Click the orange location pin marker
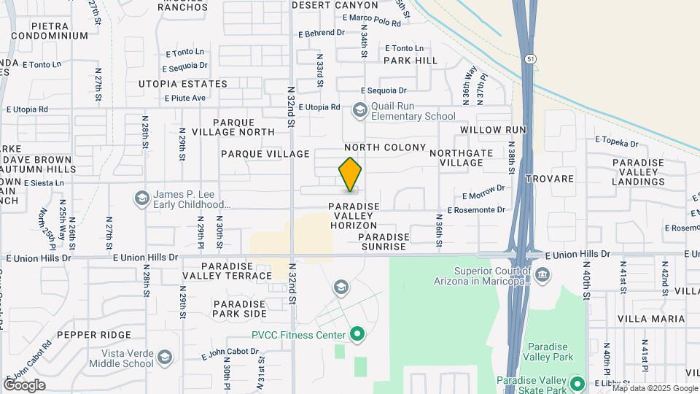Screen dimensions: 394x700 click(350, 174)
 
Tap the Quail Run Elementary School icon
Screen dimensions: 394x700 click(359, 110)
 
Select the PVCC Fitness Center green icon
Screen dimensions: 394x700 click(357, 335)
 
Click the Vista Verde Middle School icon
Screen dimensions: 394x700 click(166, 357)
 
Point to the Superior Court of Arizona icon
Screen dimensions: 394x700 click(542, 274)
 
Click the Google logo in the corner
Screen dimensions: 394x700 click(24, 385)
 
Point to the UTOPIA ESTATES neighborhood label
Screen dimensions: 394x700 click(183, 84)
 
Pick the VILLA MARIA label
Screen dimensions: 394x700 click(651, 319)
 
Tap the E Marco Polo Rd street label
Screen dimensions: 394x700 click(371, 23)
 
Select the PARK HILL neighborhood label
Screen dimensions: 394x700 click(411, 61)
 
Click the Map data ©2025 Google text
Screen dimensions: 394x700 click(655, 388)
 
